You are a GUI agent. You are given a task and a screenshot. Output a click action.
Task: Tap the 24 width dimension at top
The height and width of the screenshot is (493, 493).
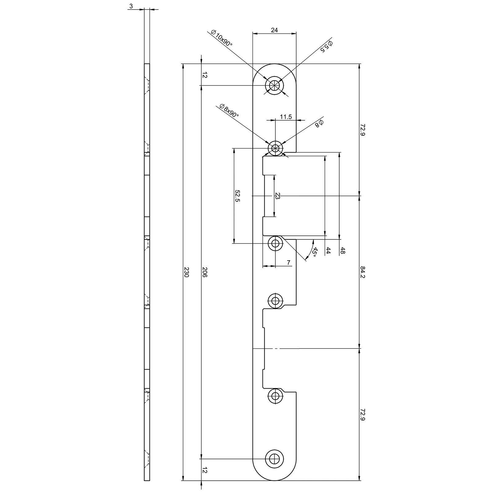tap(274, 30)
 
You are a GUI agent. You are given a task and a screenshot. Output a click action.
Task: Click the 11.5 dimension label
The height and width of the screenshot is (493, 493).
tap(285, 117)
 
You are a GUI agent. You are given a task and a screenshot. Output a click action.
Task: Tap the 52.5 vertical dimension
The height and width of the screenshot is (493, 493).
tap(237, 196)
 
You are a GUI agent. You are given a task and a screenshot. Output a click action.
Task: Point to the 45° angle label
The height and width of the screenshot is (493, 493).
tap(314, 252)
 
